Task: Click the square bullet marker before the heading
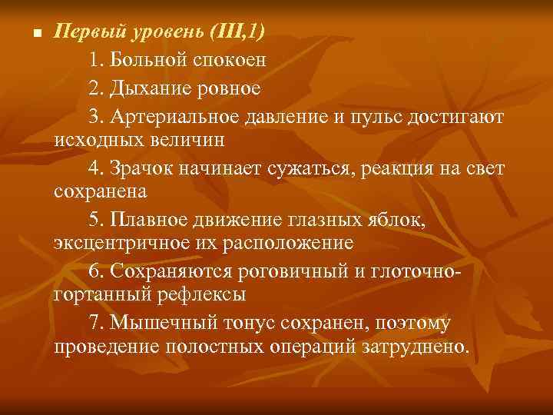click(x=28, y=35)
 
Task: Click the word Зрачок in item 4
click(x=142, y=168)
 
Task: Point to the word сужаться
click(x=309, y=168)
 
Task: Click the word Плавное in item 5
click(x=149, y=221)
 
